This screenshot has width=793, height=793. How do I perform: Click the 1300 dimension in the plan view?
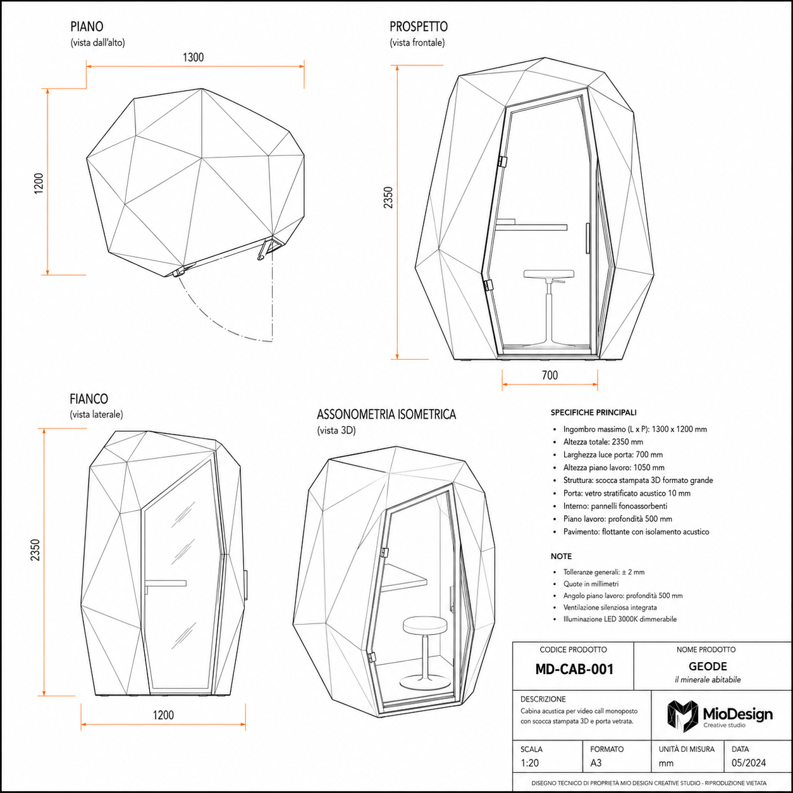tap(194, 57)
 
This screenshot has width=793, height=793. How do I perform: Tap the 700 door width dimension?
tap(550, 375)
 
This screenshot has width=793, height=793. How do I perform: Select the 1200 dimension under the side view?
tap(163, 715)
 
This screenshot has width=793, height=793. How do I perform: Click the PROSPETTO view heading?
tap(419, 27)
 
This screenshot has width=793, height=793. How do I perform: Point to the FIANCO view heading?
tap(89, 399)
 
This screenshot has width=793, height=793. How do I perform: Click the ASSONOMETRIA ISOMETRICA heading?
tap(386, 414)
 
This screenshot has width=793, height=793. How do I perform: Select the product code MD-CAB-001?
tap(574, 669)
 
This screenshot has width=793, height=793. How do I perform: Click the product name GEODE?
tap(708, 667)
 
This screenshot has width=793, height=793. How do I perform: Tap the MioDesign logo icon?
tap(683, 716)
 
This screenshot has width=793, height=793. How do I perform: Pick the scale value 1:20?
tap(530, 763)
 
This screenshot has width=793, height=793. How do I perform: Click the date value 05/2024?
tap(749, 763)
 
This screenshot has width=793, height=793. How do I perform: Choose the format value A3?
tap(596, 763)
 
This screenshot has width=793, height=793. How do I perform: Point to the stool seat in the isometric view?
tap(425, 625)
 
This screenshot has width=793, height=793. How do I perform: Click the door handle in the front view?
tap(587, 238)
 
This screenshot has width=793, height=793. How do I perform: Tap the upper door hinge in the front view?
tap(501, 161)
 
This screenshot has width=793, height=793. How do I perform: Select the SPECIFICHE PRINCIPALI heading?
tap(593, 412)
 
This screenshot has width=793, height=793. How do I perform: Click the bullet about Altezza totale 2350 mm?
tap(603, 442)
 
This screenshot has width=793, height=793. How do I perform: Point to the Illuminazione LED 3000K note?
tap(620, 619)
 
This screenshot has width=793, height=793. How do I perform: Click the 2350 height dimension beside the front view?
tap(388, 197)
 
